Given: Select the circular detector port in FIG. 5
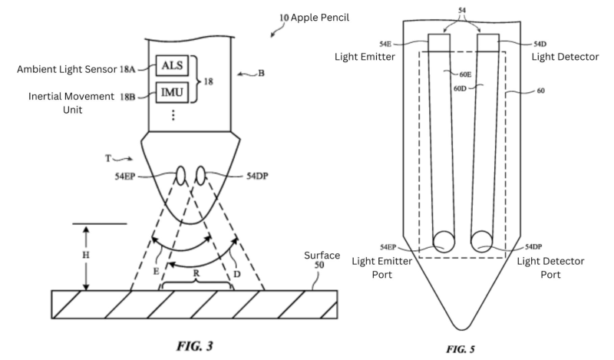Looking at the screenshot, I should pos(484,241).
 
